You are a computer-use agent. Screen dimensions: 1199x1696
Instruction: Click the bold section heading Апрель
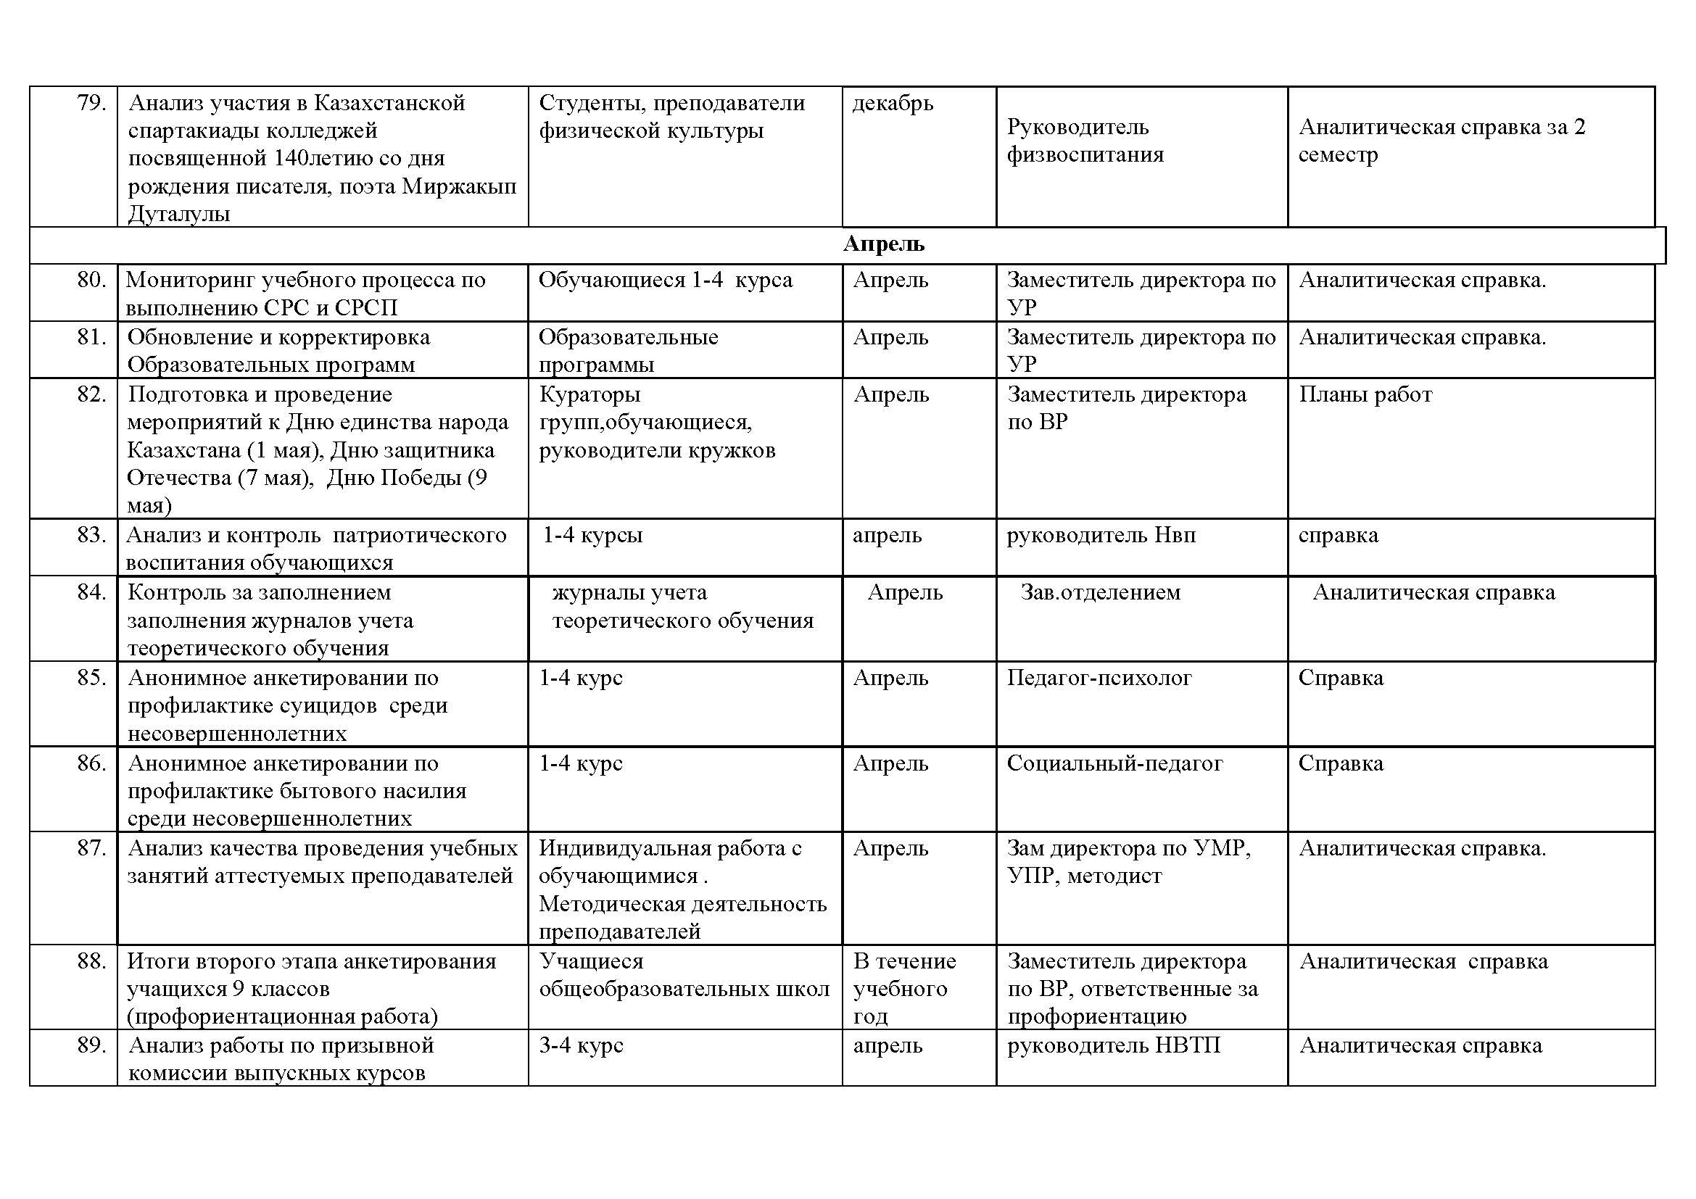pos(883,244)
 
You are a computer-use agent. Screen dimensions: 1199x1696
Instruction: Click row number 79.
pos(91,103)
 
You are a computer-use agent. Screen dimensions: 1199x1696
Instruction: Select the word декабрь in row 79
pos(893,103)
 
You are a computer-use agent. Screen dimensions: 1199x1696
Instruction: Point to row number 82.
pos(91,394)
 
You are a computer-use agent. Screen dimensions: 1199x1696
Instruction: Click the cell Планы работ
pos(1365,394)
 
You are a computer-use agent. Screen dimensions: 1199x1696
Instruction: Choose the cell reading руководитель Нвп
pos(1101,534)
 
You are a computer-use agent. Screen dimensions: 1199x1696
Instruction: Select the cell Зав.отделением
pos(1101,592)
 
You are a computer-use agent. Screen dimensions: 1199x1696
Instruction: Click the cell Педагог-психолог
pos(1099,678)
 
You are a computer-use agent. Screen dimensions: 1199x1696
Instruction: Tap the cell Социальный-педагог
pos(1114,763)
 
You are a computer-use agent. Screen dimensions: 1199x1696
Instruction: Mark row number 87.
pos(91,848)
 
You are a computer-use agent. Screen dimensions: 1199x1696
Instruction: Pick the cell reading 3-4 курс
pos(581,1045)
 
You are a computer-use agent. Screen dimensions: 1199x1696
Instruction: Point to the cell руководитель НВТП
pos(1113,1045)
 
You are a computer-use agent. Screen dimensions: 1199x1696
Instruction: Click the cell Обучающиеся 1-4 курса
pos(665,281)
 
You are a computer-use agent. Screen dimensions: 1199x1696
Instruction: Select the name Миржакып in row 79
pos(459,186)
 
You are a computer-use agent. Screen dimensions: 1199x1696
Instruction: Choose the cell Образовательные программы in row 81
pos(628,351)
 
